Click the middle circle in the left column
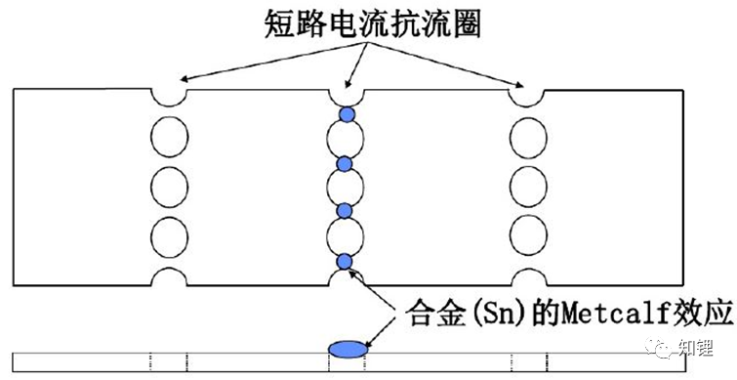(x=170, y=184)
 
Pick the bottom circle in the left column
(x=170, y=235)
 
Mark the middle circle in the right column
(x=526, y=184)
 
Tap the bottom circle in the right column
(x=526, y=235)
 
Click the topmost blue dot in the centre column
(x=347, y=115)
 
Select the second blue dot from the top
(x=344, y=163)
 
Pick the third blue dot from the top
(x=344, y=211)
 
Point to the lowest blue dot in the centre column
(x=344, y=260)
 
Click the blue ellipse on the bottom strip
(x=347, y=348)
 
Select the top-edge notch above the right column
(x=526, y=96)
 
